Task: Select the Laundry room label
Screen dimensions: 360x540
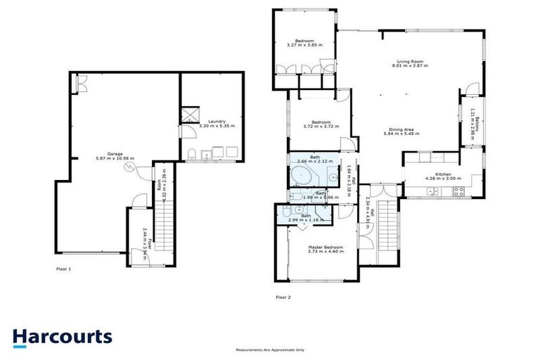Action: click(216, 121)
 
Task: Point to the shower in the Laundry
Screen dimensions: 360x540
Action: click(188, 114)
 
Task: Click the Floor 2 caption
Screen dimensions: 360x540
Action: click(283, 297)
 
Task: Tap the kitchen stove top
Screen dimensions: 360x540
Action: click(459, 190)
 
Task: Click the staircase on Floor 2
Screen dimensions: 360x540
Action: click(385, 239)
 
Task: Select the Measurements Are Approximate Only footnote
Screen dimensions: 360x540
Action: click(270, 349)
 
